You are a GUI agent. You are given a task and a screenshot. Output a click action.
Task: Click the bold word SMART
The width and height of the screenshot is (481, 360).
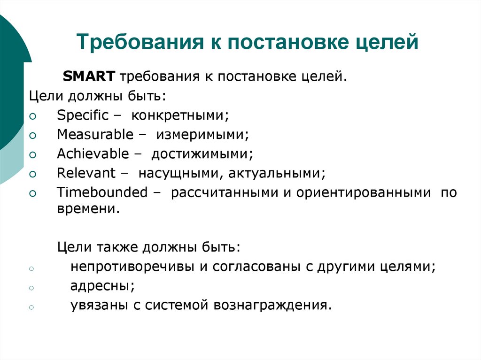(89, 76)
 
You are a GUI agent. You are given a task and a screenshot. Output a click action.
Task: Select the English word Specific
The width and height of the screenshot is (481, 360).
(83, 115)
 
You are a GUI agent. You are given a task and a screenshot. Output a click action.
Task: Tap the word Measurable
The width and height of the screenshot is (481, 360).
(95, 135)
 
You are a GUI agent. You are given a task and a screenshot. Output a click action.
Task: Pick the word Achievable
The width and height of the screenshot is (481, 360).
(93, 154)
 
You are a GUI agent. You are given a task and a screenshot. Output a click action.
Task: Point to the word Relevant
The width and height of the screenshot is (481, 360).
(86, 173)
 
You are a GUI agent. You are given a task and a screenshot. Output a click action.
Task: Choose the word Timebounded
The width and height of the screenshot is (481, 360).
(102, 192)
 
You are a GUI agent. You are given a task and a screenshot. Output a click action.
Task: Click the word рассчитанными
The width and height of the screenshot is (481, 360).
(229, 192)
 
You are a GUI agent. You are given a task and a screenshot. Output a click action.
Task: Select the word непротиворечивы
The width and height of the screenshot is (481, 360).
(133, 267)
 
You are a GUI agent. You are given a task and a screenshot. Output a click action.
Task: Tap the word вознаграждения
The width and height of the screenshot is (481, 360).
(272, 305)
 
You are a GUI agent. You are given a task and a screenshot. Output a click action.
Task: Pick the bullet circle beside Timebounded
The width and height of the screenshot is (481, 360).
(32, 193)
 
